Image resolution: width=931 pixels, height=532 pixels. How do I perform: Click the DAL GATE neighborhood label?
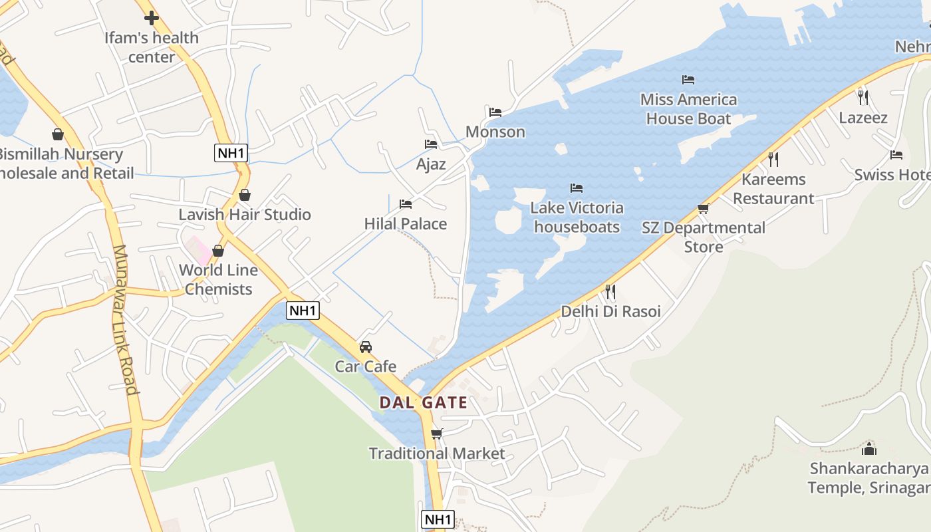coord(423,403)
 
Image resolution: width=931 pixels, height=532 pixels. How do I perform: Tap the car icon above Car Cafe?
coord(366,346)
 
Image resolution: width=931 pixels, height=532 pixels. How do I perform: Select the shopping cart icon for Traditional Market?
coord(436,434)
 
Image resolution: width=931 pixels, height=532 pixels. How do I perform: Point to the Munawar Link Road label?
coord(124,319)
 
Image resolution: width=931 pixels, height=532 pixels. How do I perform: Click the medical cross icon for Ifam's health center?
coord(152,18)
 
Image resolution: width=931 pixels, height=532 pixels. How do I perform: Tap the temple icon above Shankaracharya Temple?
coord(869,448)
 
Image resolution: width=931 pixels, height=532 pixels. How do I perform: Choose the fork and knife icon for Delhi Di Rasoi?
coord(610,291)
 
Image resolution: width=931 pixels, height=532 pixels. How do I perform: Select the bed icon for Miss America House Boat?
coord(688,80)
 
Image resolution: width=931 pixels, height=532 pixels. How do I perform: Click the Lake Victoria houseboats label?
coord(577,217)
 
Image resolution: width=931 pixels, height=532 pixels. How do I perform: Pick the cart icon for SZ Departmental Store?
coord(703,208)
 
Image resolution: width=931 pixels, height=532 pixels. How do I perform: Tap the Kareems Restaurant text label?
coord(773,189)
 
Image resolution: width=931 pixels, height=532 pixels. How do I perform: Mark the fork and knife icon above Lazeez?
coord(863,98)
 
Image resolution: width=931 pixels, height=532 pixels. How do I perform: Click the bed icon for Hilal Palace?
coord(406,203)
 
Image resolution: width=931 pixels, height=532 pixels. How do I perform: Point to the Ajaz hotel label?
coord(431,164)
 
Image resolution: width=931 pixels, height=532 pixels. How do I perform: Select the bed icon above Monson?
coord(495,112)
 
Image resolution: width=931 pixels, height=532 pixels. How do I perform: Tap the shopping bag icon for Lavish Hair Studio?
coord(245,195)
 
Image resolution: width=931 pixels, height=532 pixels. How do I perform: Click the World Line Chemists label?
coord(218,280)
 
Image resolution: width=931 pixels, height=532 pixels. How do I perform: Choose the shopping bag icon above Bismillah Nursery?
coord(58,134)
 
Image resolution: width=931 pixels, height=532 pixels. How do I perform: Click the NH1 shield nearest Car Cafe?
coord(303,310)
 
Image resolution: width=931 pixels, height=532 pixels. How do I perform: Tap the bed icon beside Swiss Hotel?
coord(896,155)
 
